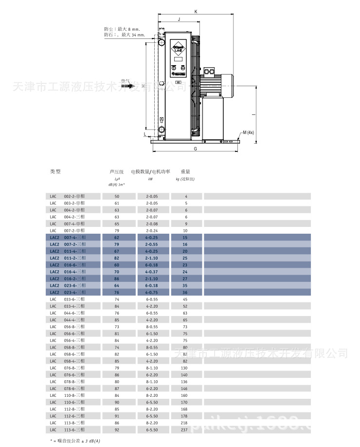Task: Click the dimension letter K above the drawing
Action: click(x=196, y=11)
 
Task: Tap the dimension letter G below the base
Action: click(x=195, y=149)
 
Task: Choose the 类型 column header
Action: click(x=55, y=171)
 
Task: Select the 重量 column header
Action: click(x=185, y=171)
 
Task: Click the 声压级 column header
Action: click(x=116, y=171)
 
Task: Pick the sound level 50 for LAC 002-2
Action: click(x=117, y=196)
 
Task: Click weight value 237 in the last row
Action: click(x=184, y=430)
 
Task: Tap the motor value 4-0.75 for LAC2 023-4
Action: click(x=151, y=292)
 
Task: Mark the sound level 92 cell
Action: click(x=117, y=430)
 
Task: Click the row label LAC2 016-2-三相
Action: click(x=68, y=279)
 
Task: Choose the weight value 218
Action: click(x=184, y=423)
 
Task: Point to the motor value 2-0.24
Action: click(x=151, y=230)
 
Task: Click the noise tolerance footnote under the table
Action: click(x=76, y=441)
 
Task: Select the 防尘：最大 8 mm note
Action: click(x=121, y=29)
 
